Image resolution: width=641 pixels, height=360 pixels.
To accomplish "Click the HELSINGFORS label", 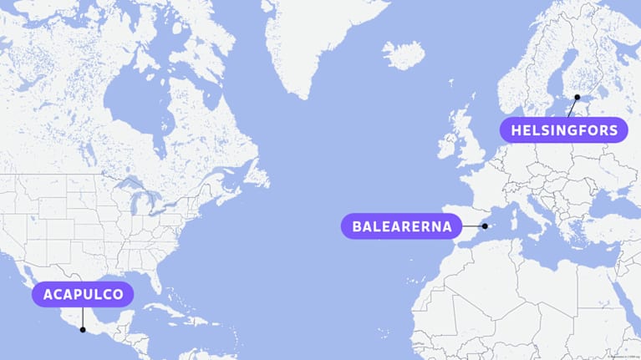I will [x=564, y=130].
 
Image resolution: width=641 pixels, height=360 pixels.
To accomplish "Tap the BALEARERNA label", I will [x=402, y=226].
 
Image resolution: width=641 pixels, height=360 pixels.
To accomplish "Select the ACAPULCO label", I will [x=84, y=294].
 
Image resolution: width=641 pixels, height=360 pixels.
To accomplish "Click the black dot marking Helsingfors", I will [x=577, y=98].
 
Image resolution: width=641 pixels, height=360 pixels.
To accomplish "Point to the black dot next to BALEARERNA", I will [x=485, y=226].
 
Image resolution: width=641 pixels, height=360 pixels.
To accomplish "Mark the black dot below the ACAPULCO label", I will [x=83, y=329].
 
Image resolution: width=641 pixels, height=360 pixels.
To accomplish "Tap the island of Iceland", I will [x=404, y=56].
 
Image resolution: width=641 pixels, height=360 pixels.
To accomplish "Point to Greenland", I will [x=318, y=42].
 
